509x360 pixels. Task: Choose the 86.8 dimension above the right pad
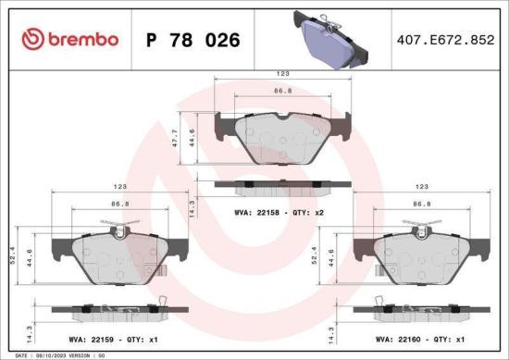(x=423, y=204)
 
